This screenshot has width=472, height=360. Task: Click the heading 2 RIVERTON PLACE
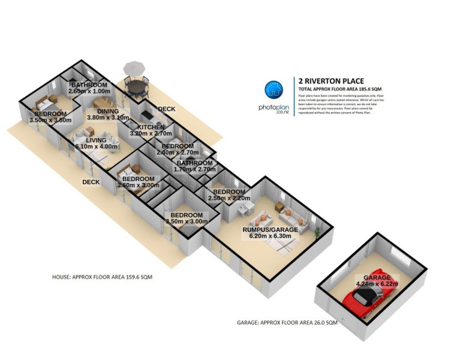tap(331, 80)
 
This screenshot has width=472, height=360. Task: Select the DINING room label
tap(109, 111)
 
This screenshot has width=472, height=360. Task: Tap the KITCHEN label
tap(151, 127)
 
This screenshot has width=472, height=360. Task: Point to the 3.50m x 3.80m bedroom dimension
tap(50, 120)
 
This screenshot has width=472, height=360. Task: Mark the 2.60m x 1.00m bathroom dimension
tap(90, 92)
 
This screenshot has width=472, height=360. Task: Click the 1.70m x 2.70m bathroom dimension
tap(194, 170)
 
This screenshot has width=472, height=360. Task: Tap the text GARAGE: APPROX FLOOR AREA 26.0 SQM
tap(287, 322)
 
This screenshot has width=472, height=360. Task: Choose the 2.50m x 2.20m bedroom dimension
tap(229, 198)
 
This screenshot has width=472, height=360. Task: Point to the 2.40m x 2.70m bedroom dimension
tap(178, 152)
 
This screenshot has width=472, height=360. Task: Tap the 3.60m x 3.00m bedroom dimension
tap(139, 185)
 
